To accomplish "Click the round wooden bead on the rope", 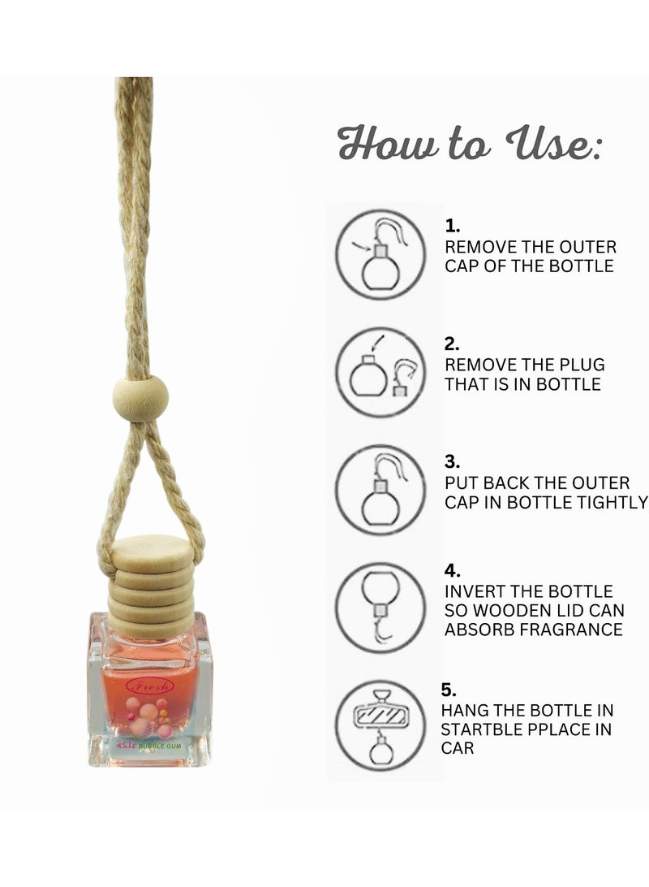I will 140,400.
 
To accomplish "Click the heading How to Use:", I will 470,145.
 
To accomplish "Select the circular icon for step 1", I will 380,255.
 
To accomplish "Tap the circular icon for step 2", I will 380,372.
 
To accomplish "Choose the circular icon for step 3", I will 380,489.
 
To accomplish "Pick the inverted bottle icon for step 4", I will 380,607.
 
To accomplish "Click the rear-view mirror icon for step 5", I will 380,725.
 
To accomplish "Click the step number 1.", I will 452,227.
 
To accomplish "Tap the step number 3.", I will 452,461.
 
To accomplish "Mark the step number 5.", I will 449,690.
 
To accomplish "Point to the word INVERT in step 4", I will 473,592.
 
